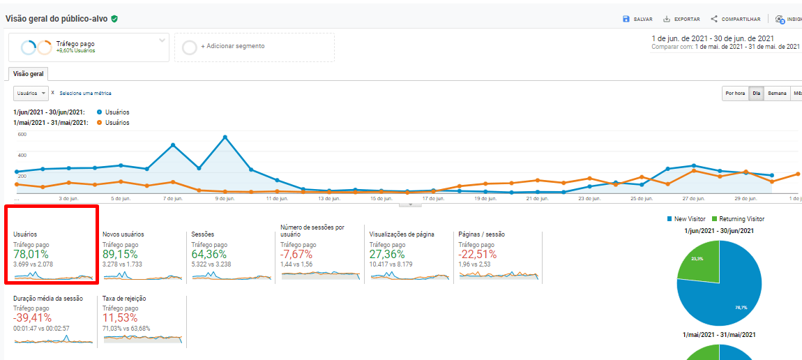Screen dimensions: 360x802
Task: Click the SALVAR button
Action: [x=637, y=19]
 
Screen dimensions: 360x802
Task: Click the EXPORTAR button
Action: [x=681, y=19]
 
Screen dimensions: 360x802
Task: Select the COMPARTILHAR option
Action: [x=736, y=19]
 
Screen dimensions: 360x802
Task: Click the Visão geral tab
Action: [x=28, y=73]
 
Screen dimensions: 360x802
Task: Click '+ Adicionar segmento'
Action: [x=232, y=47]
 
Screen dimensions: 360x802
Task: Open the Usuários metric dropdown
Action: [x=31, y=93]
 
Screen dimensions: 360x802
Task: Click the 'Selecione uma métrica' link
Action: [x=85, y=93]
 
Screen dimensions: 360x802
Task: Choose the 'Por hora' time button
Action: [x=735, y=93]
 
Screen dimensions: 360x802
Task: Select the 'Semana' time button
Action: [x=777, y=93]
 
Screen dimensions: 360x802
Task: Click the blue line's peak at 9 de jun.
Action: [x=225, y=137]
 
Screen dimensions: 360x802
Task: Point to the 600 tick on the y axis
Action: [x=22, y=134]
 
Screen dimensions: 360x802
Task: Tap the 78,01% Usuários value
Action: [x=31, y=255]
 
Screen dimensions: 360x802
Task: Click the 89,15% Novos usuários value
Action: [x=120, y=255]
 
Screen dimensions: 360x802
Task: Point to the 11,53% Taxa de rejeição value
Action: [x=120, y=318]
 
